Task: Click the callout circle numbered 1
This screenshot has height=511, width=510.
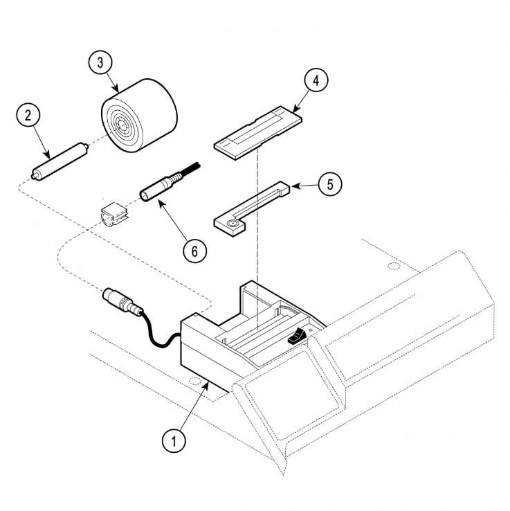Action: [x=174, y=439]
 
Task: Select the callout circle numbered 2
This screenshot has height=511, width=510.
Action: [x=28, y=115]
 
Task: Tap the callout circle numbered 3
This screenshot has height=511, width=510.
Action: [x=101, y=62]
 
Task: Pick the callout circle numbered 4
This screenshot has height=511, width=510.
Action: [x=316, y=80]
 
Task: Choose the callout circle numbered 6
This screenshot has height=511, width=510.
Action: [x=194, y=251]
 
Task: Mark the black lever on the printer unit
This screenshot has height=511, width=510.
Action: [x=295, y=338]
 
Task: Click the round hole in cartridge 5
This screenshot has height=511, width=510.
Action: [x=230, y=223]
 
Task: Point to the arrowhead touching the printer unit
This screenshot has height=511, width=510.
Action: [x=206, y=382]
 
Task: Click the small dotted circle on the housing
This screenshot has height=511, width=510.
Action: [x=394, y=267]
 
